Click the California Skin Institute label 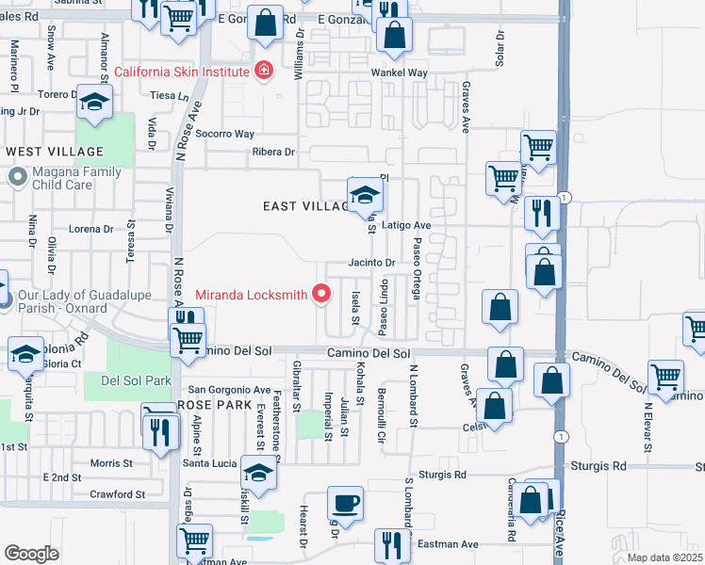(181, 72)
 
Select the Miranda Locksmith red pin (322, 295)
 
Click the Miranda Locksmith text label (251, 295)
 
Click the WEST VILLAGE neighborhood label (55, 152)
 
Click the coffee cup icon (344, 502)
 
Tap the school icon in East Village (365, 196)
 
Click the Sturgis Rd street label (599, 465)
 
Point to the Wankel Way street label (399, 73)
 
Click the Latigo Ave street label (406, 225)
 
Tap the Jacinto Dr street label (370, 263)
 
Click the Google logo (31, 554)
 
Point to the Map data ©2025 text (664, 557)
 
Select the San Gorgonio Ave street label (230, 390)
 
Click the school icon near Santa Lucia (259, 473)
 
